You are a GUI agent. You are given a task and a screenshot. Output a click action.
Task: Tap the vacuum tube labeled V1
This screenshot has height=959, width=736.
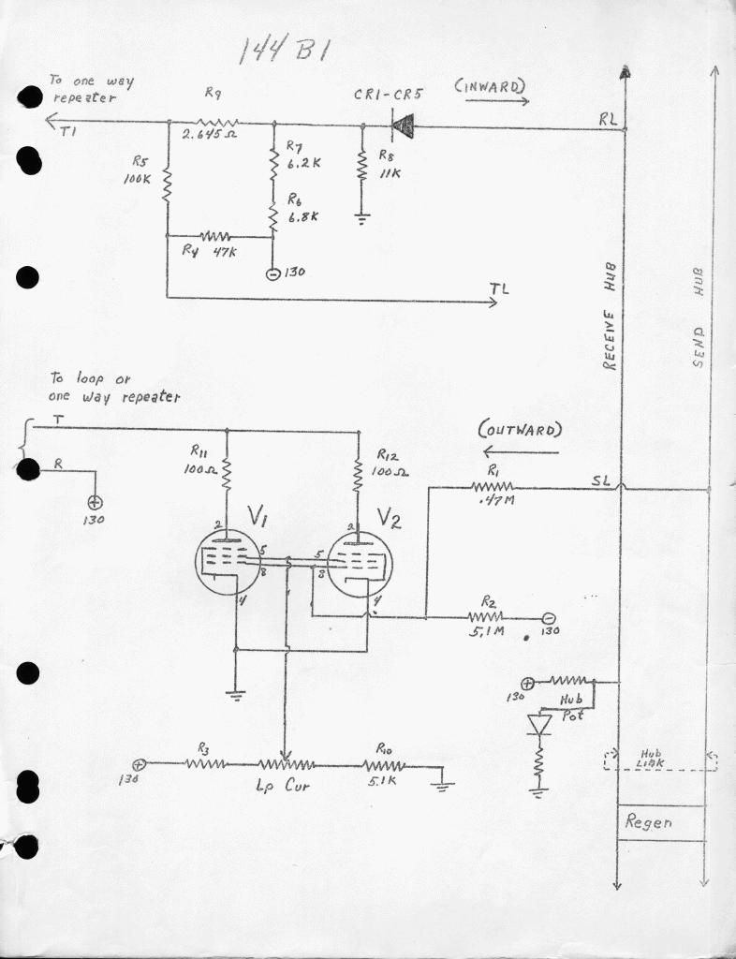click(x=228, y=562)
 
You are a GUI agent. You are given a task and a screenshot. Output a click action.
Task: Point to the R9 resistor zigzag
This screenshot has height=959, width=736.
click(x=218, y=122)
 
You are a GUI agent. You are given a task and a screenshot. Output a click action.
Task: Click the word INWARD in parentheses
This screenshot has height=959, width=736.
click(x=490, y=86)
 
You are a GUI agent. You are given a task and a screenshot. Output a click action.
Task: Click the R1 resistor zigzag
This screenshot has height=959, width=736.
click(x=492, y=487)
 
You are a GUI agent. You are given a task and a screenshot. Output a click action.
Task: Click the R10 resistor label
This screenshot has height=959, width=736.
click(x=384, y=748)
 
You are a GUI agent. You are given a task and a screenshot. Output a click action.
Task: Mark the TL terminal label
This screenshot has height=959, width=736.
click(x=499, y=288)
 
